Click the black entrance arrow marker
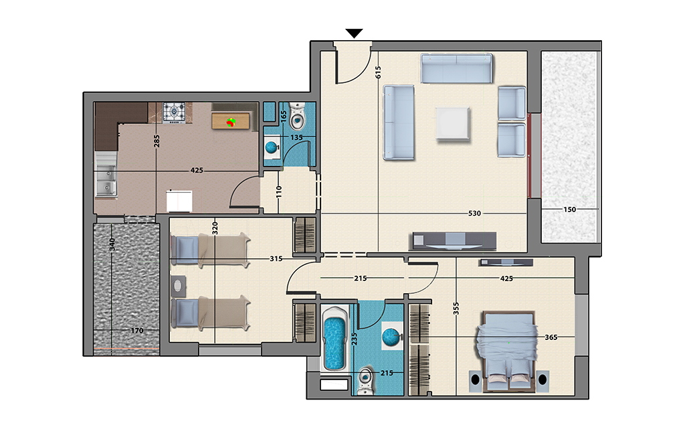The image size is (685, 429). [x=354, y=33]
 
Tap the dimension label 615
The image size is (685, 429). [x=378, y=72]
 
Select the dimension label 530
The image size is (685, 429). [x=474, y=213]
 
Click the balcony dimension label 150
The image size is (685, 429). [x=569, y=209]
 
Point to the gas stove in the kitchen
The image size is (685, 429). [x=175, y=112]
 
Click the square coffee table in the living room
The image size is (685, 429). [x=454, y=124]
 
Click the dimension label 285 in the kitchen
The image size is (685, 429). [x=157, y=141]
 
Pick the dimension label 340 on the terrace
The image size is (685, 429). [x=112, y=244]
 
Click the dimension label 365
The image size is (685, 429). [x=551, y=337]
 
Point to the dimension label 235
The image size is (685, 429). [x=355, y=339]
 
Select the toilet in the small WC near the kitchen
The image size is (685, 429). [x=298, y=116]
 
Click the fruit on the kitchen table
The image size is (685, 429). [x=231, y=122]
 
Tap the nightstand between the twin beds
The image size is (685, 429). [x=178, y=286]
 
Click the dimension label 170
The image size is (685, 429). [x=136, y=331]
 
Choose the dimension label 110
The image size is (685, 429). [x=279, y=192]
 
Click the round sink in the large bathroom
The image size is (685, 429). [x=391, y=337]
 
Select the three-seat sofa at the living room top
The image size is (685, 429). [x=456, y=68]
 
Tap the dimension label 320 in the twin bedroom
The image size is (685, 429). [x=215, y=228]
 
